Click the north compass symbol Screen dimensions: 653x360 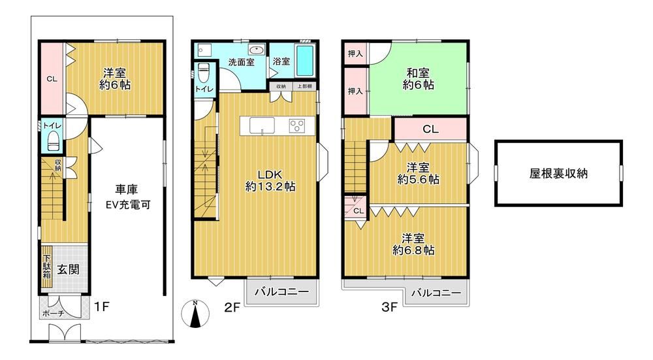point(195,314)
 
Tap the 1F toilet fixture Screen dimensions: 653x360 point(54,140)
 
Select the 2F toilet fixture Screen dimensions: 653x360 point(203,73)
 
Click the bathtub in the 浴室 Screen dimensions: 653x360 point(305,61)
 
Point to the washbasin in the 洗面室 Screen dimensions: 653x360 point(256,50)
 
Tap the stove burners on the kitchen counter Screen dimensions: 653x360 point(297,126)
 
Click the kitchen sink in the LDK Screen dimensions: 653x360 point(263,125)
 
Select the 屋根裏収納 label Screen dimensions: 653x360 point(558,173)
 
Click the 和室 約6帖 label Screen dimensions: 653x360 point(418,79)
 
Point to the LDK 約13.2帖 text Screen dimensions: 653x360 point(270,180)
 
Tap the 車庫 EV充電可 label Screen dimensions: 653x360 point(127,197)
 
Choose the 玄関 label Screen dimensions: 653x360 point(68,270)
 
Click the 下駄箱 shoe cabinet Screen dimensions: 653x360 point(46,267)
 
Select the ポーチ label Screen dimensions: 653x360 point(54,314)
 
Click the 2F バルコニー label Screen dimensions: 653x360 point(281,291)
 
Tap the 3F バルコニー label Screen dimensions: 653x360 point(436,293)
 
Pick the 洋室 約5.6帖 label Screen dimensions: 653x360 point(418,174)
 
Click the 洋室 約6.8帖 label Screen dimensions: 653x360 point(413,244)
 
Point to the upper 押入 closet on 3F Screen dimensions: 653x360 point(356,54)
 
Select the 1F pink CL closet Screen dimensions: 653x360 point(52,78)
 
